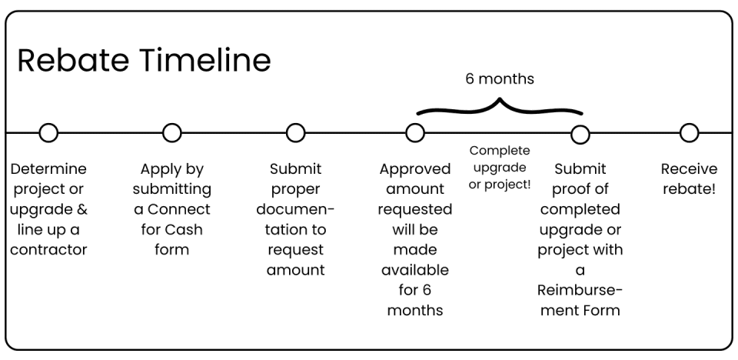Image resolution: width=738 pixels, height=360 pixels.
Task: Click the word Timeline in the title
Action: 208,61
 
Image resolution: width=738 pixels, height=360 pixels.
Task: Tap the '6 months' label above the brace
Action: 500,79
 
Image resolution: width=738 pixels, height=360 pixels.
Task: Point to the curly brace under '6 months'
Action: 500,108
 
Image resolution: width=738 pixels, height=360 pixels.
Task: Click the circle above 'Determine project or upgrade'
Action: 48,133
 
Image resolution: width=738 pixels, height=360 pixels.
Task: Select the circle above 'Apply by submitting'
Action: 172,133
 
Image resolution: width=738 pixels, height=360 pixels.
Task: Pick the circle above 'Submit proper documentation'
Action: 296,133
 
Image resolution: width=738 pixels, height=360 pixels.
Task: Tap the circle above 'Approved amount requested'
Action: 415,133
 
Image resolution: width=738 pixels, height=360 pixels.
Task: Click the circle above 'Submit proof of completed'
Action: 580,135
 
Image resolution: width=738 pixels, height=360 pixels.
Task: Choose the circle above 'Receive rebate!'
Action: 689,133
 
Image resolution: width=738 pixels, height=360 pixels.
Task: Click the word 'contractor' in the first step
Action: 48,250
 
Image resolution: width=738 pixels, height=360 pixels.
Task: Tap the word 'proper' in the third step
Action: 296,189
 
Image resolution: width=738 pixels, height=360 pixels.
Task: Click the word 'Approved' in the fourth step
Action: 416,168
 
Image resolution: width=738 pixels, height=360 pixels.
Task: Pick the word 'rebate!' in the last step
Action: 689,189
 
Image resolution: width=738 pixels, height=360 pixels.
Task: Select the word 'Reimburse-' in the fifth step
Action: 580,291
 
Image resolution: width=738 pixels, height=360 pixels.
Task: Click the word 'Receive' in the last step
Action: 689,168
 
